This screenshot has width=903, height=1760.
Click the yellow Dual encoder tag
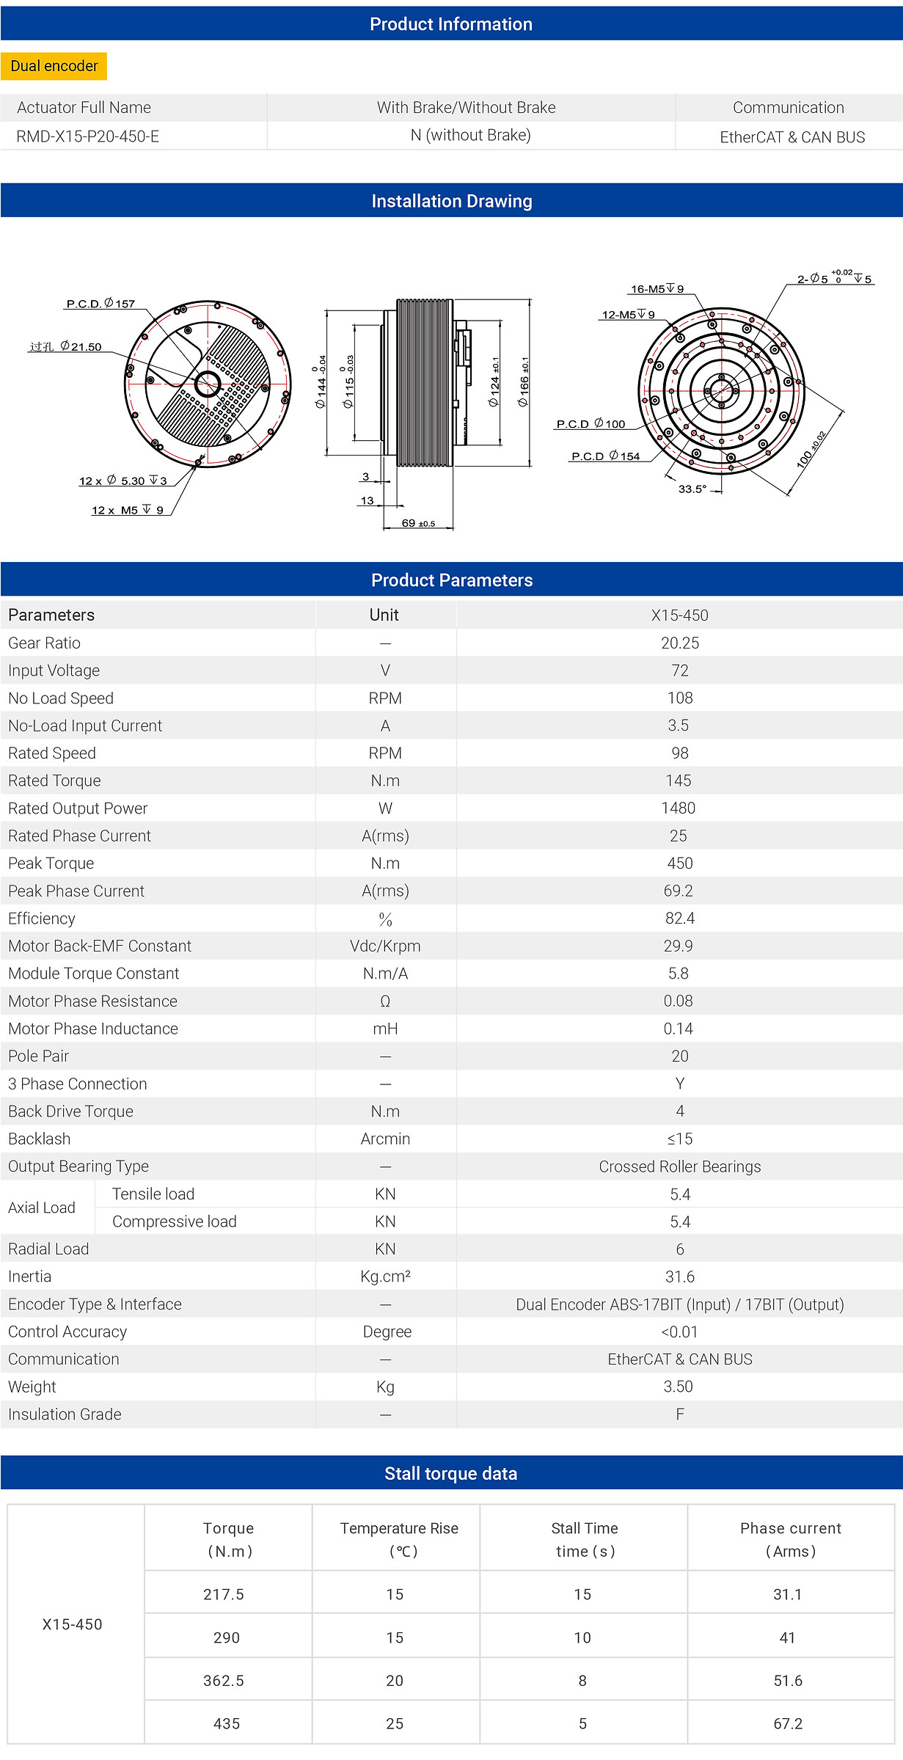pyautogui.click(x=54, y=66)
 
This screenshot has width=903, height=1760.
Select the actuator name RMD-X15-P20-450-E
pyautogui.click(x=87, y=136)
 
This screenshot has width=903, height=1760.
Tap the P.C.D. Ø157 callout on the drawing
pyautogui.click(x=100, y=304)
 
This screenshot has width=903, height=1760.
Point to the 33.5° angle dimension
pyautogui.click(x=692, y=489)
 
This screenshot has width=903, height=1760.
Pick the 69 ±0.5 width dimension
pyautogui.click(x=418, y=523)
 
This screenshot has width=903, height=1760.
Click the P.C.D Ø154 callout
pyautogui.click(x=605, y=456)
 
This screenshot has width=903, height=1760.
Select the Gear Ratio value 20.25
pyautogui.click(x=680, y=643)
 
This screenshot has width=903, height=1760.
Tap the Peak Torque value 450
pyautogui.click(x=680, y=863)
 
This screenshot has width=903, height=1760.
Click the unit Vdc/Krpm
pyautogui.click(x=385, y=946)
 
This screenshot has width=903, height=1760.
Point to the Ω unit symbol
pyautogui.click(x=385, y=1001)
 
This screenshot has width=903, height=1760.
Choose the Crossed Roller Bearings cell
pyautogui.click(x=680, y=1166)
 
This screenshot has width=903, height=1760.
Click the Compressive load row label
pyautogui.click(x=175, y=1222)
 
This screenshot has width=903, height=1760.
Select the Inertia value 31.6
pyautogui.click(x=680, y=1277)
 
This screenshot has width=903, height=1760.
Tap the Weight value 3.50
pyautogui.click(x=679, y=1387)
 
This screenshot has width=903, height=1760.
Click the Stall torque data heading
pyautogui.click(x=451, y=1473)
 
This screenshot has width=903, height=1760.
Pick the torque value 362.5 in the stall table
pyautogui.click(x=224, y=1681)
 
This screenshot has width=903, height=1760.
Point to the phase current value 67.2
pyautogui.click(x=788, y=1724)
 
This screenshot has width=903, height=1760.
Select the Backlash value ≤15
pyautogui.click(x=680, y=1139)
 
